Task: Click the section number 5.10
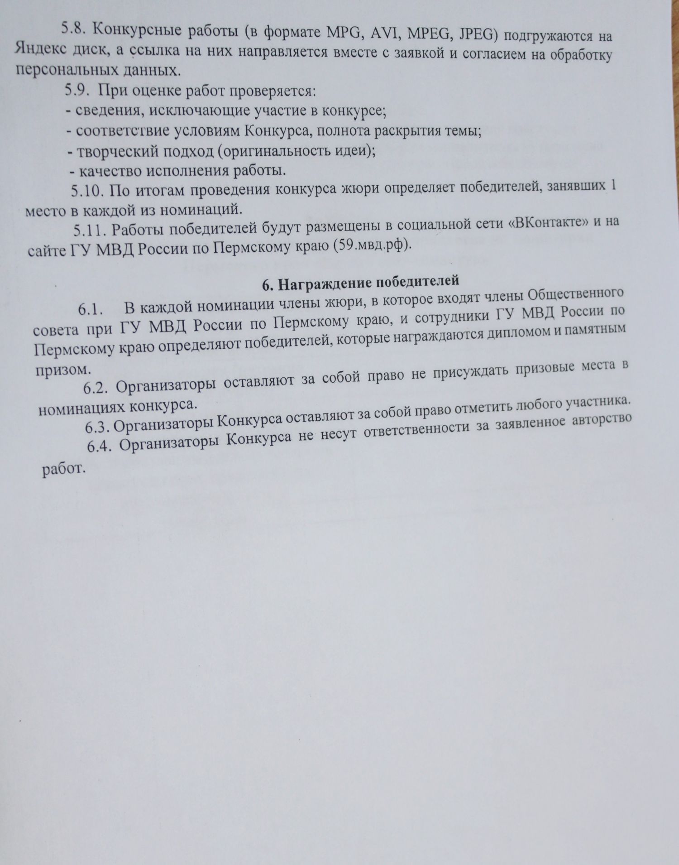click(x=87, y=191)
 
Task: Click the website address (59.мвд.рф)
click(x=373, y=245)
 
